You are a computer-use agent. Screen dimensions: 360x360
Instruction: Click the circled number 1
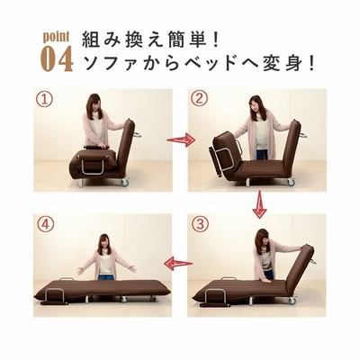point(45,99)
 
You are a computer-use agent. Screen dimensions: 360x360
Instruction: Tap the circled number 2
point(199,99)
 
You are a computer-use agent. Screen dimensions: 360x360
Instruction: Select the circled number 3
point(200,224)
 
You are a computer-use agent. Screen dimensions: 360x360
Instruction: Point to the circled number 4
point(45,225)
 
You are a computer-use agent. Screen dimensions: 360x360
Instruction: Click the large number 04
point(57,58)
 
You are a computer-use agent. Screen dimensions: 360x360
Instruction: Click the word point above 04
point(56,37)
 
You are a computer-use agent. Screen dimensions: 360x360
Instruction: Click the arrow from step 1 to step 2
point(181,139)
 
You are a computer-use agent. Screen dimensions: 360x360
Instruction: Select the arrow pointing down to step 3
point(259,205)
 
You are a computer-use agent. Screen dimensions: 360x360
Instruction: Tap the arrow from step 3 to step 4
point(178,264)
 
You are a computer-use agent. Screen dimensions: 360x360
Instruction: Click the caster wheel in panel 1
point(124,183)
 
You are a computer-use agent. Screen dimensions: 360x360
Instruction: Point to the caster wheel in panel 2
point(291,182)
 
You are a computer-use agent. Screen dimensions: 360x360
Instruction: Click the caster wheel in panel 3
point(292,301)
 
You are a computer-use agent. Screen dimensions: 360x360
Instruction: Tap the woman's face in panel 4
point(103,243)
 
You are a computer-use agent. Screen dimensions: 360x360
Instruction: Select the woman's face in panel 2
point(256,105)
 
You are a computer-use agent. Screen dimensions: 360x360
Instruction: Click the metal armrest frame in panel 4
point(55,295)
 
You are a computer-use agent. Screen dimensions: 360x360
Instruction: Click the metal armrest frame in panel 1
point(93,166)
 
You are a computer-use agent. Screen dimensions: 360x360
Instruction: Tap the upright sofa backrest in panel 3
point(301,269)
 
